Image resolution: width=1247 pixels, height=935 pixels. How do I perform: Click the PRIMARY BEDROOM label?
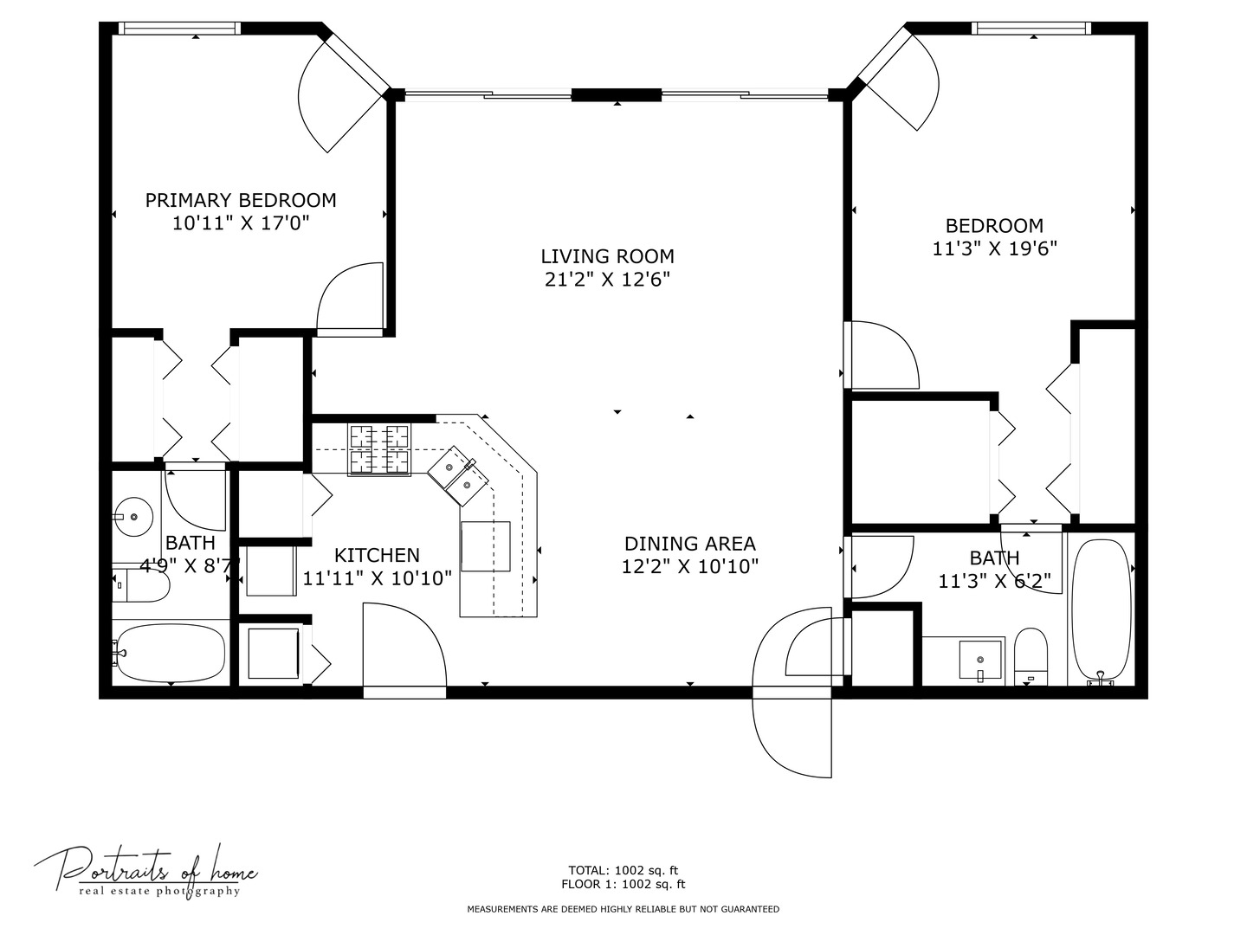pyautogui.click(x=241, y=200)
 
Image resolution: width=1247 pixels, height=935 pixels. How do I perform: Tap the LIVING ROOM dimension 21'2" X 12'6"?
pyautogui.click(x=607, y=280)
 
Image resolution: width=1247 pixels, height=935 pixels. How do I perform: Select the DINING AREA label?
pyautogui.click(x=689, y=544)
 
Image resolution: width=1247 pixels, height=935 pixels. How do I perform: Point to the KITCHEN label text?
pyautogui.click(x=377, y=555)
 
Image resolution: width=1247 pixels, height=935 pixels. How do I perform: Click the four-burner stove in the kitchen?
pyautogui.click(x=379, y=449)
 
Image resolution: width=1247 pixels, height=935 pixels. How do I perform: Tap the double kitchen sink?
pyautogui.click(x=458, y=476)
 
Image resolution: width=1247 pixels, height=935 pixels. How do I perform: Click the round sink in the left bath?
pyautogui.click(x=133, y=517)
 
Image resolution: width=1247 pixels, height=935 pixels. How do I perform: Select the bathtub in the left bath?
pyautogui.click(x=171, y=654)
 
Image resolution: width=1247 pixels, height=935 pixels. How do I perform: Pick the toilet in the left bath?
pyautogui.click(x=141, y=583)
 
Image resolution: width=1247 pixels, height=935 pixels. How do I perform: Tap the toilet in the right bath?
pyautogui.click(x=1031, y=656)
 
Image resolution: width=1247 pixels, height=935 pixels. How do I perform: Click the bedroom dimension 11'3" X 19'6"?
pyautogui.click(x=995, y=248)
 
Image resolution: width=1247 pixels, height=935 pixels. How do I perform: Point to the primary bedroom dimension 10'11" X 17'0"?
pyautogui.click(x=241, y=223)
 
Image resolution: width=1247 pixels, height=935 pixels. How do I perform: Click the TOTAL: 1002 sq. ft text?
pyautogui.click(x=623, y=870)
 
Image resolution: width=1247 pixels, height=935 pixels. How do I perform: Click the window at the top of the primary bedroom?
pyautogui.click(x=179, y=29)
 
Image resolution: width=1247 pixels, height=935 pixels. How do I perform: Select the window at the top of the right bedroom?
pyautogui.click(x=1031, y=29)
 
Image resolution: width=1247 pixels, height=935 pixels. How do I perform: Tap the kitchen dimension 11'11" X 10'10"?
pyautogui.click(x=377, y=578)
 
